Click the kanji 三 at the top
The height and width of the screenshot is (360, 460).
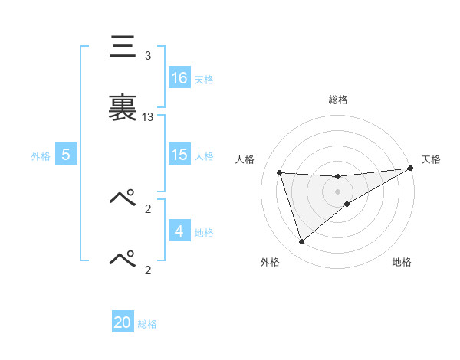123,48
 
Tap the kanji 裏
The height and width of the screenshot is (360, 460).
123,106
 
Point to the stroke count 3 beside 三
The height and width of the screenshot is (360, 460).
148,56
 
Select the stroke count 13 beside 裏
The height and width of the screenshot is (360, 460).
148,117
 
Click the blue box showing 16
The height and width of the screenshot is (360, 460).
179,77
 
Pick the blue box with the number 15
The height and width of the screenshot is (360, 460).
179,155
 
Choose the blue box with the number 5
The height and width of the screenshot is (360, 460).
66,155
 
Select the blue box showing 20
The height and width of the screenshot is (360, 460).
123,322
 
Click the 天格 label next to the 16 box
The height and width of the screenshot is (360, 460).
204,79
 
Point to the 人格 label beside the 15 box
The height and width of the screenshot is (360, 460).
204,156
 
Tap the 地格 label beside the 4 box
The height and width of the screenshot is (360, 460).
204,233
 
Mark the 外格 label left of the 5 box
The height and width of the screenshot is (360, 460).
41,156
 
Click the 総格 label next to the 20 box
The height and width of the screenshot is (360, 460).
147,324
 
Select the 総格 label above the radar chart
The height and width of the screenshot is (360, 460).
338,100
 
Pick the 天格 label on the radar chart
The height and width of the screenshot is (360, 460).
431,159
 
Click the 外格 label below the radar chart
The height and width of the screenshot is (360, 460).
270,262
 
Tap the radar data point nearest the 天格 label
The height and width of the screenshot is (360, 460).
410,169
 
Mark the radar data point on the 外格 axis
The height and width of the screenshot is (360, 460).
301,242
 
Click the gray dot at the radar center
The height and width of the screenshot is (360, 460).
338,191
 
